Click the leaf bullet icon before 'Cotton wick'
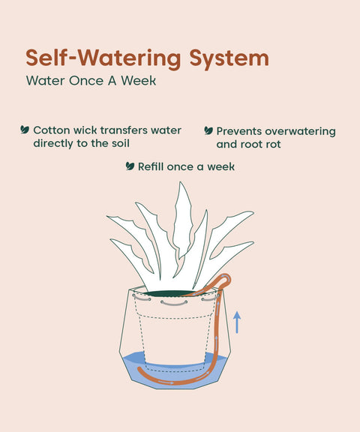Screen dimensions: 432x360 coord(25,130)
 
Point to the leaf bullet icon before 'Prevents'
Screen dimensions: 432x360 coord(208,130)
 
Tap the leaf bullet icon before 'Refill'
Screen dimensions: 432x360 coord(130,166)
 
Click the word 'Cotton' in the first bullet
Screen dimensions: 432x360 coord(52,130)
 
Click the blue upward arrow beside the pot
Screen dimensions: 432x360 coord(237,322)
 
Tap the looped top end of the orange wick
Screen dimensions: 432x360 coord(223,281)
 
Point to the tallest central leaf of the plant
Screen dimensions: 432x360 coord(183,225)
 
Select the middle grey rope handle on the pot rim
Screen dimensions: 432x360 coord(173,303)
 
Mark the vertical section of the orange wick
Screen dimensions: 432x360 coord(216,330)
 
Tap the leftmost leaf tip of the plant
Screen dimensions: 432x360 coord(109,218)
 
